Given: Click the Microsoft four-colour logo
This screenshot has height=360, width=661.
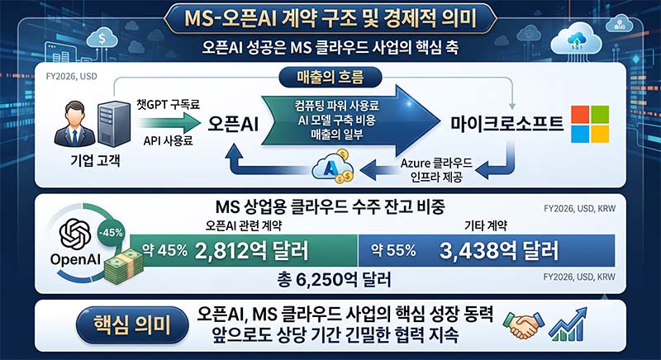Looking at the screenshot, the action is [590, 124].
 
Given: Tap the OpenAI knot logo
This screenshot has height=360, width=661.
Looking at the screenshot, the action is [75, 234].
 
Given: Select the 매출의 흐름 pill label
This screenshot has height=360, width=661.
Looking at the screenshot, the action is [330, 78].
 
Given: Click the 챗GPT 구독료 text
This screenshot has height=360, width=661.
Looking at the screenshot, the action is [168, 104].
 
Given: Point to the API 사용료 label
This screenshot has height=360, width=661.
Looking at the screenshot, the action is [168, 140].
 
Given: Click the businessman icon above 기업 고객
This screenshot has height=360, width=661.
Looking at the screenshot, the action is [74, 124].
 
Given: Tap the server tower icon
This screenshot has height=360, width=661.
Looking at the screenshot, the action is [113, 124].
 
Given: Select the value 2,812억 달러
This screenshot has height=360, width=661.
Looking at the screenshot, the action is [252, 250].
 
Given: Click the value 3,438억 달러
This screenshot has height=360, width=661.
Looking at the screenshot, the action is [499, 250].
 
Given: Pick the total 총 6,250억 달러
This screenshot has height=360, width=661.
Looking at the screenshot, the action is [334, 279].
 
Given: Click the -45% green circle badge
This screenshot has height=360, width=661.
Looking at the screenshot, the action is [111, 232].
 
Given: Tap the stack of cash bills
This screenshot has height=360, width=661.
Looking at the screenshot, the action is [123, 266].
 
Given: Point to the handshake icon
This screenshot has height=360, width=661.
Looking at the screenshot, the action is [523, 324].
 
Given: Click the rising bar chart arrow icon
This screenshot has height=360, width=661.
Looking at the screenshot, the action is [568, 324].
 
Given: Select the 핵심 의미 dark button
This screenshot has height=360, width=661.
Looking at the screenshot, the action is [132, 325].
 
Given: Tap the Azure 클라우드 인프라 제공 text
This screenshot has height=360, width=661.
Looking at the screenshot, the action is [436, 170].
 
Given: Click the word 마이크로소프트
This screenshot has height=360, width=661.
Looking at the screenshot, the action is [506, 124].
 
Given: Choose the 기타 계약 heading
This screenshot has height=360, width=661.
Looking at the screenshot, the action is [486, 225].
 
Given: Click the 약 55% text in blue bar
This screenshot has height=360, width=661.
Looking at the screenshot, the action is [393, 250].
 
